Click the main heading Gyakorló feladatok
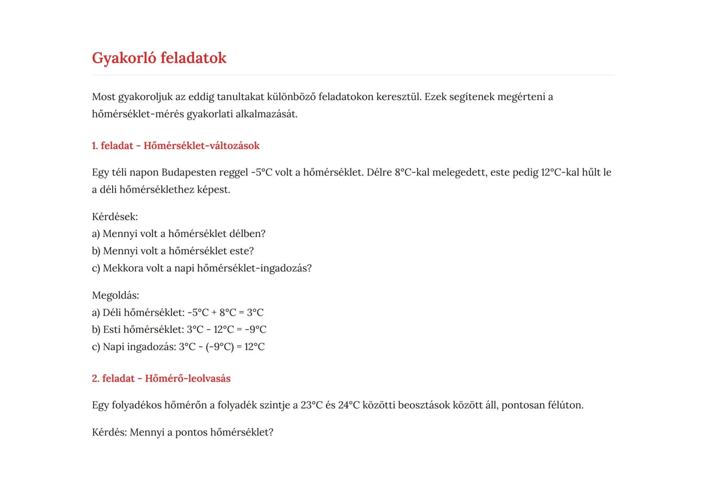coord(159,58)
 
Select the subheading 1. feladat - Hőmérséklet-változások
coord(175,146)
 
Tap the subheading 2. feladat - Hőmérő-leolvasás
coord(161,379)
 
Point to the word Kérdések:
coord(115,217)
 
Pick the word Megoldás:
coord(115,295)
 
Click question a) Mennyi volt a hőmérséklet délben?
coord(179,234)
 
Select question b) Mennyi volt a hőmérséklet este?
coord(173,251)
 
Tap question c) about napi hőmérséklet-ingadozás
coord(202,268)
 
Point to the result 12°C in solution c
coord(254,347)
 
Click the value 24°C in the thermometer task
coord(349,406)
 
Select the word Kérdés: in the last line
coord(109,432)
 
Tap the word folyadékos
coord(137,406)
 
